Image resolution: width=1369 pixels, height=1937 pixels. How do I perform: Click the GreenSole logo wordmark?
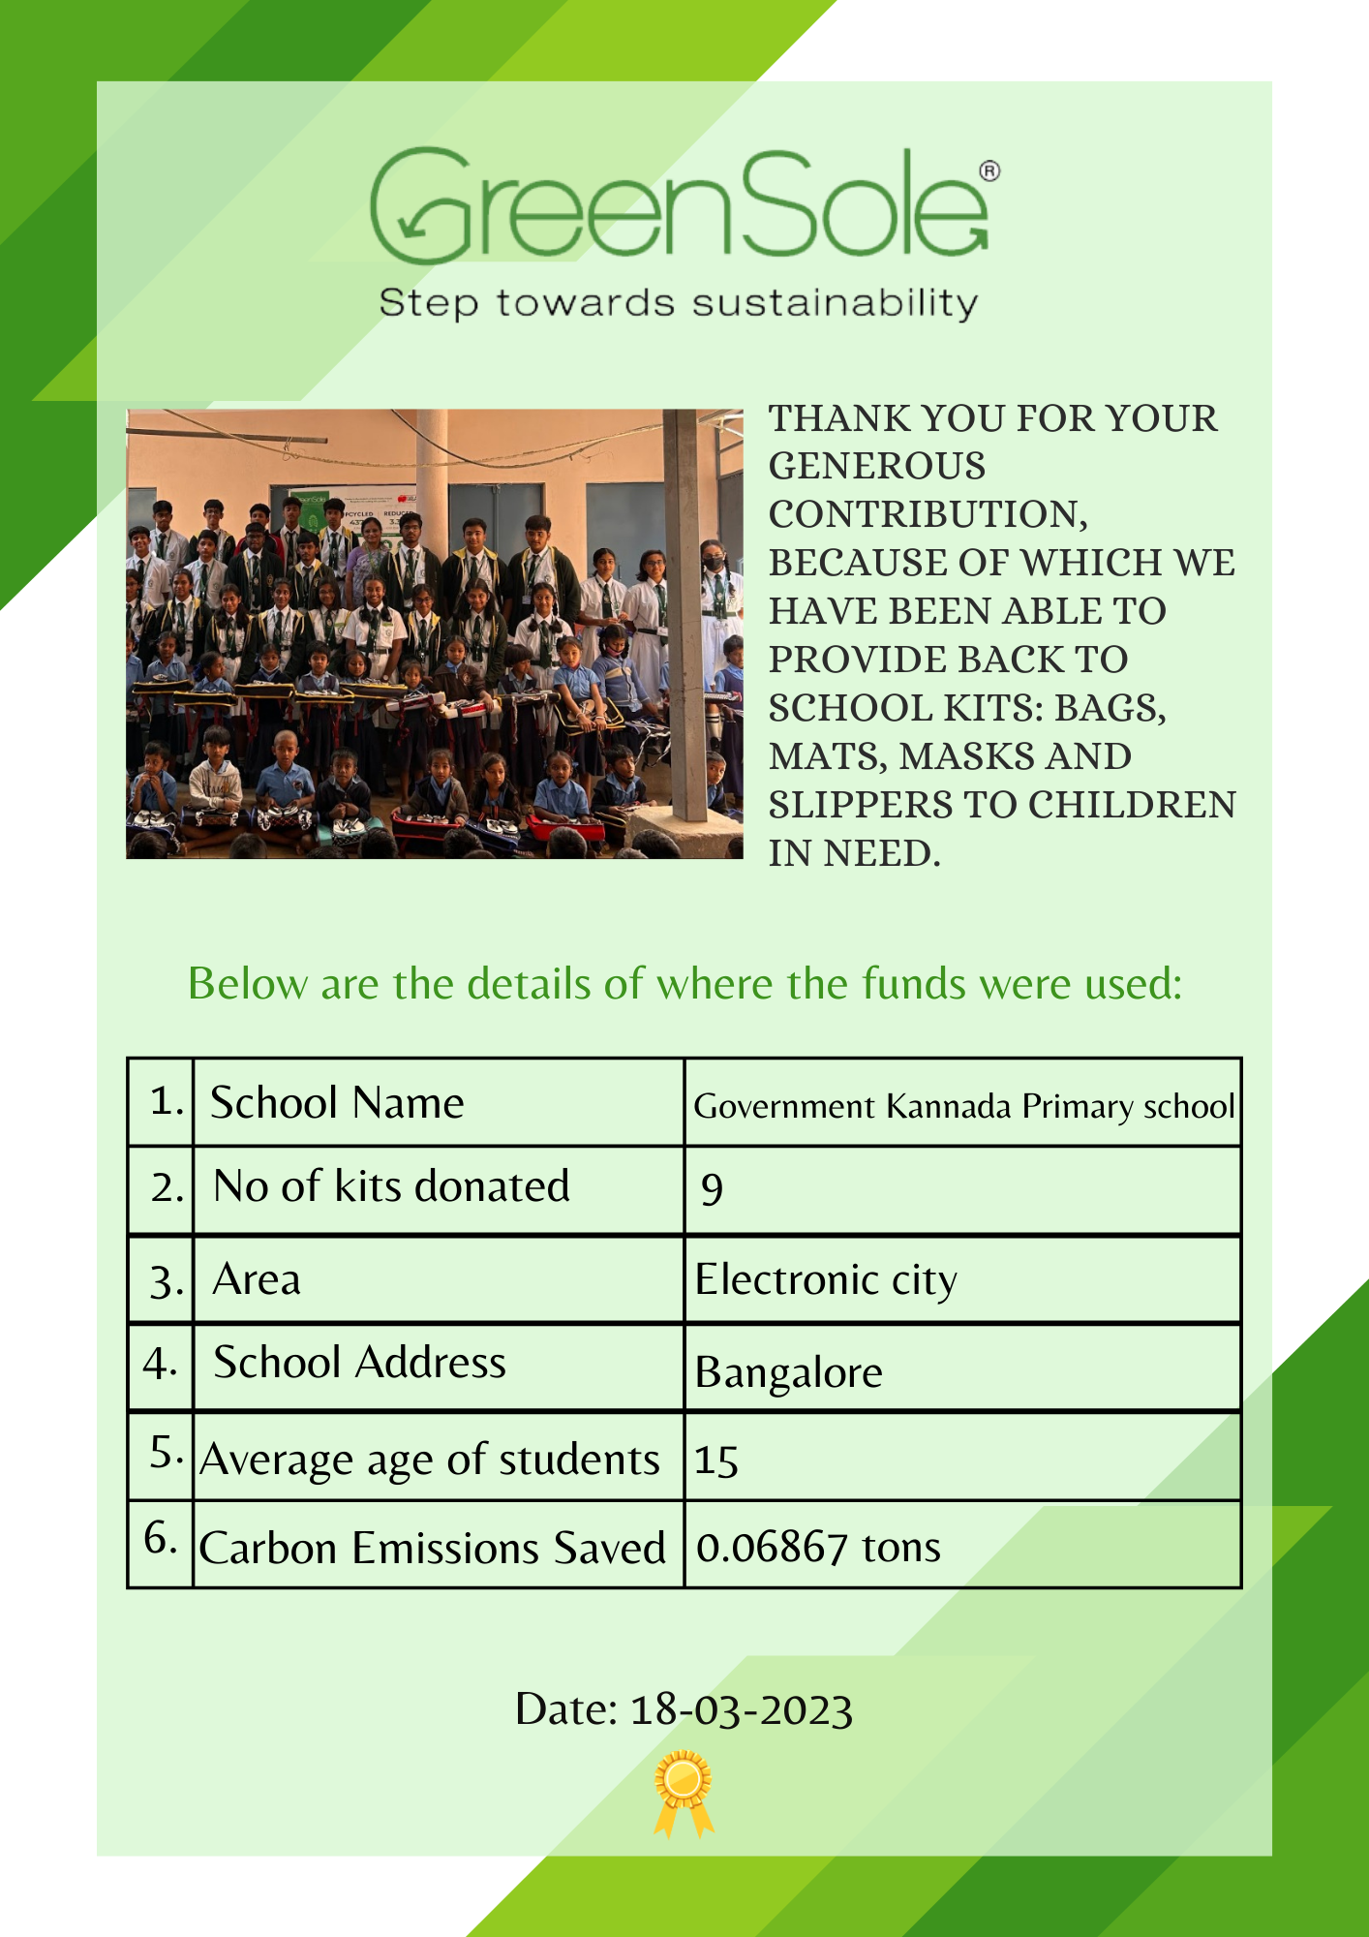tap(678, 205)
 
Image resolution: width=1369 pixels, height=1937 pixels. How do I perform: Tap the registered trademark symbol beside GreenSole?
tap(989, 171)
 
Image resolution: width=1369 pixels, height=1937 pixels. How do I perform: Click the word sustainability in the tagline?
tap(835, 303)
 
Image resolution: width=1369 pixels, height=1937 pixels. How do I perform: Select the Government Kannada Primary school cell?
tap(963, 1105)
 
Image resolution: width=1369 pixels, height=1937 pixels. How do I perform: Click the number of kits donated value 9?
tap(712, 1188)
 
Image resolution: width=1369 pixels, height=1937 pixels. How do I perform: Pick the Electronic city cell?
tap(826, 1279)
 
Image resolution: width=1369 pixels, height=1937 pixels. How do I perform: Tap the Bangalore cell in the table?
tap(788, 1371)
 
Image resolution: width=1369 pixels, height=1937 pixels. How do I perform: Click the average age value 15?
tap(716, 1460)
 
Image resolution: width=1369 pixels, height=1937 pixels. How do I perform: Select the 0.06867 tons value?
tap(818, 1547)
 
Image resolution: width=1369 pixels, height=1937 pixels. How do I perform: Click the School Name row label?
tap(337, 1103)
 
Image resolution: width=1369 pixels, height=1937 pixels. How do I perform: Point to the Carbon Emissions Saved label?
tap(432, 1547)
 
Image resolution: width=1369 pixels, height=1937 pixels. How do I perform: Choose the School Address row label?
tap(359, 1363)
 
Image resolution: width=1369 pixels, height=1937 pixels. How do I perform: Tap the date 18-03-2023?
tap(741, 1709)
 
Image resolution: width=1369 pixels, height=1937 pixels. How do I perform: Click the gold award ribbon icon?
tap(684, 1791)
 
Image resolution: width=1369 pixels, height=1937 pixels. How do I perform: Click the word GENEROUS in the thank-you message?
tap(877, 467)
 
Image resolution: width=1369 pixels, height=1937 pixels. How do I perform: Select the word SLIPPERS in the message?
tap(842, 805)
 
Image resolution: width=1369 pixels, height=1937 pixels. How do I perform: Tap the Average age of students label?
tap(429, 1460)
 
